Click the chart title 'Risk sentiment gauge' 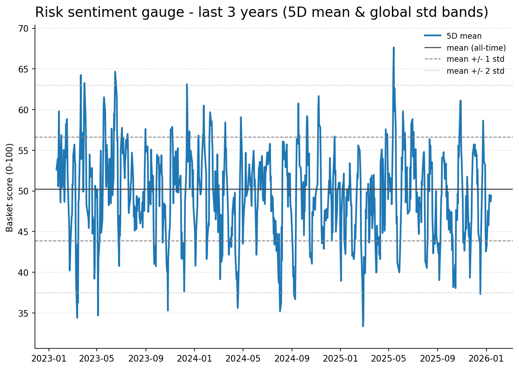pyautogui.click(x=261, y=12)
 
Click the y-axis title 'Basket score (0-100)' pyautogui.click(x=10, y=187)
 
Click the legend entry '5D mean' pyautogui.click(x=464, y=36)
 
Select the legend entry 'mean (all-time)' pyautogui.click(x=476, y=48)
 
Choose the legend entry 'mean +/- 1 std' pyautogui.click(x=475, y=59)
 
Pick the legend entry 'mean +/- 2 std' pyautogui.click(x=475, y=71)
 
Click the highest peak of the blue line pyautogui.click(x=394, y=48)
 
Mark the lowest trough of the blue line pyautogui.click(x=363, y=326)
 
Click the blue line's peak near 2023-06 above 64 pyautogui.click(x=115, y=72)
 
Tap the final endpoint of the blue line pyautogui.click(x=491, y=196)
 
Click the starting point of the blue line pyautogui.click(x=56, y=170)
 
